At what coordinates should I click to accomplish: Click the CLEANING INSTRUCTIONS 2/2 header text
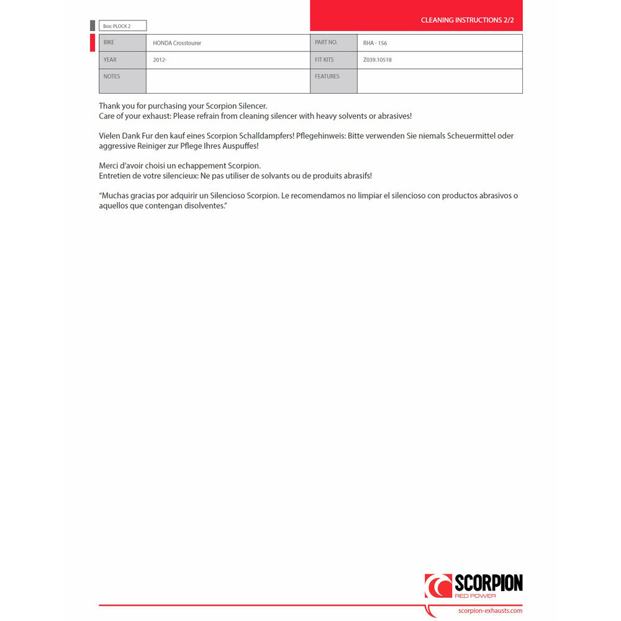[x=467, y=20]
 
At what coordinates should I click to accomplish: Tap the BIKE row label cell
[x=122, y=43]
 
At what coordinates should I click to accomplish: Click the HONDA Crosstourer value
[x=177, y=43]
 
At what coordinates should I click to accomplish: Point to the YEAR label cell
[x=122, y=60]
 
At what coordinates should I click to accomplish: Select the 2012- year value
[x=160, y=60]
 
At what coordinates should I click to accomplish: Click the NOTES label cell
[x=122, y=81]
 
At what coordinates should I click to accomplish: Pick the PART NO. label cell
[x=333, y=43]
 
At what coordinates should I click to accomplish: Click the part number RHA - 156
[x=375, y=43]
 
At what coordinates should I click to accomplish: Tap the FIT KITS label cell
[x=333, y=60]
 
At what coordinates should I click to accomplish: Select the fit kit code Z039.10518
[x=378, y=60]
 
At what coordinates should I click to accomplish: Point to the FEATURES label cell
[x=333, y=81]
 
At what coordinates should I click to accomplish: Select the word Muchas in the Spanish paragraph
[x=115, y=196]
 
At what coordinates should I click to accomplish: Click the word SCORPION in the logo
[x=488, y=584]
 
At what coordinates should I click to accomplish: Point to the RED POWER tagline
[x=476, y=596]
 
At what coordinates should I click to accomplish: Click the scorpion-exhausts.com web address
[x=489, y=611]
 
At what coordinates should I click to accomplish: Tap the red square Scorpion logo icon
[x=438, y=586]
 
